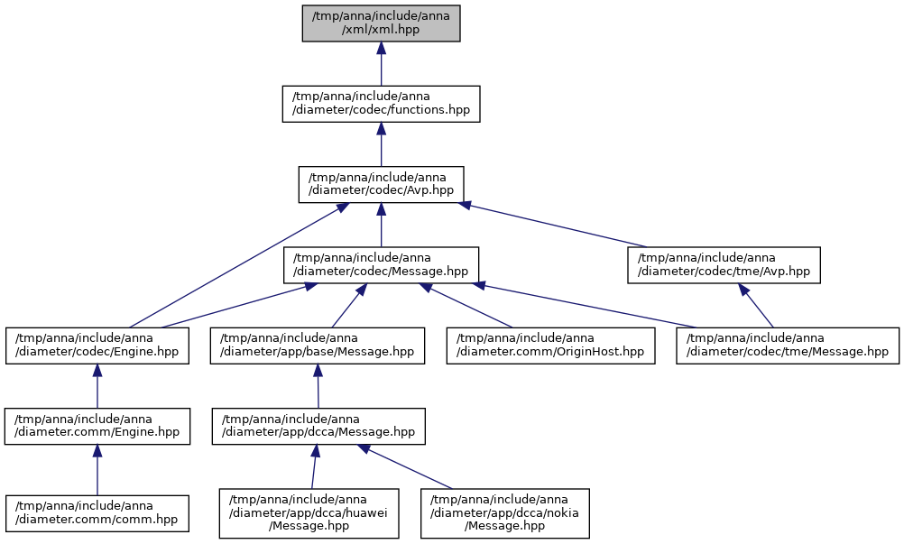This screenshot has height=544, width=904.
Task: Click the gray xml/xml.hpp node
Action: [x=381, y=23]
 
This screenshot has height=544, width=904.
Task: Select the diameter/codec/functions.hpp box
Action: [x=381, y=104]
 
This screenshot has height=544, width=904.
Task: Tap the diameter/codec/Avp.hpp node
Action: [x=381, y=184]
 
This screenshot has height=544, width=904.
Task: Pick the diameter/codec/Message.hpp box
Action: [x=381, y=265]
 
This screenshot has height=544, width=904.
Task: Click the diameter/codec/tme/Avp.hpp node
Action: [x=724, y=265]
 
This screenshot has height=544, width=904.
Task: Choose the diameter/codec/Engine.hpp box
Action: [x=97, y=346]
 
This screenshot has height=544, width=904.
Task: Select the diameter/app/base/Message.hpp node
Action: [x=318, y=346]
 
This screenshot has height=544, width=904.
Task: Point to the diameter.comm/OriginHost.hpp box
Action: [x=550, y=346]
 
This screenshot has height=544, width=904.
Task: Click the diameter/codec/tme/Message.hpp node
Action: [x=788, y=346]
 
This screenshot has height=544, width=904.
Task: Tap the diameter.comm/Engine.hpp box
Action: [x=97, y=427]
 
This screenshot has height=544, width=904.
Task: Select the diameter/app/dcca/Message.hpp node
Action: [x=318, y=427]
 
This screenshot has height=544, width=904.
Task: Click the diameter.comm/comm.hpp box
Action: [x=97, y=513]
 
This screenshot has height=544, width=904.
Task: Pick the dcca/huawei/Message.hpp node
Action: [x=309, y=513]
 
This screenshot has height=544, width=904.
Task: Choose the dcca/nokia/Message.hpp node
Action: [x=505, y=513]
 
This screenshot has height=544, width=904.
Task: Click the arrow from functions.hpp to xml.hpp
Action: [x=381, y=64]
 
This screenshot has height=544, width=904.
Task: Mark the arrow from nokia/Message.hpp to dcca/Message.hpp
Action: [x=407, y=466]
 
